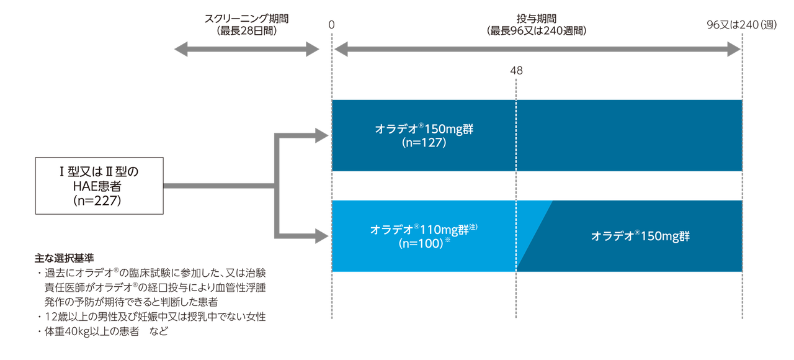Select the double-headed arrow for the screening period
coord(246,50)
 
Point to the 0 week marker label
coord(331,24)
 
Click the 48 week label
coord(516,71)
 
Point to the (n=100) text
coord(422,243)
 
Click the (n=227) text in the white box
coord(99,200)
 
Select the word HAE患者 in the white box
coord(99,185)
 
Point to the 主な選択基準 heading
coord(65,257)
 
